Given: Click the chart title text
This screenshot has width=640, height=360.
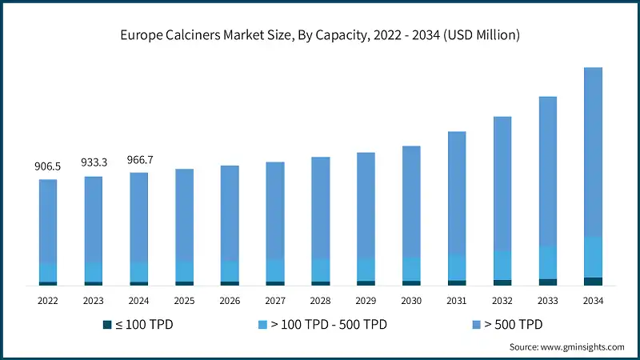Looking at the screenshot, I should point(320,34).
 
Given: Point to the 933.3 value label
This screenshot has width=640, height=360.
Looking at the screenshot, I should point(93,162).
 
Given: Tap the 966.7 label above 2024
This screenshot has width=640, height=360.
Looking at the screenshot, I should point(139,160).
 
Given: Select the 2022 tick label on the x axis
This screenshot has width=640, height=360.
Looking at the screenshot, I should point(47,301).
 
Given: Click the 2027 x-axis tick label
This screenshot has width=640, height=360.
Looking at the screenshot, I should point(275,301).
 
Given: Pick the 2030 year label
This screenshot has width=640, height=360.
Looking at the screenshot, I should point(411,301).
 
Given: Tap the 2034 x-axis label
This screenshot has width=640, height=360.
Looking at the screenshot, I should point(594,301).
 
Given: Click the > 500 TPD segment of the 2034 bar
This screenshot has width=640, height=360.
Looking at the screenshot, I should point(594,152).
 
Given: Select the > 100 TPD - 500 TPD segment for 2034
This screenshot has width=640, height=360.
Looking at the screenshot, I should point(594,257).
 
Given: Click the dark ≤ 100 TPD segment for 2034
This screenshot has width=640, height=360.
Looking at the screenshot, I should point(594,281).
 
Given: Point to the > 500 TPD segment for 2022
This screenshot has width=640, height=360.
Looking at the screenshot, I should point(47,222).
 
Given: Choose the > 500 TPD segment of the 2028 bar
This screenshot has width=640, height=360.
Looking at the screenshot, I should point(321,207).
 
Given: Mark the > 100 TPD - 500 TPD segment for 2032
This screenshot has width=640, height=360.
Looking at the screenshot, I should point(502,265).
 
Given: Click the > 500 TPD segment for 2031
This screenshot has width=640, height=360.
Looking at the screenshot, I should point(457,193).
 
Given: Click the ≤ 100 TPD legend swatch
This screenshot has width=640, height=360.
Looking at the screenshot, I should point(107,325).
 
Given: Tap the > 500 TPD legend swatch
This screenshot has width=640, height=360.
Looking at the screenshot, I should point(477,325).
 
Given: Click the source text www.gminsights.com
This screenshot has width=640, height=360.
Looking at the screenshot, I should point(582,346).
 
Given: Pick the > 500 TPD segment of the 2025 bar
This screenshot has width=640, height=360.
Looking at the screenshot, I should point(185,214).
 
